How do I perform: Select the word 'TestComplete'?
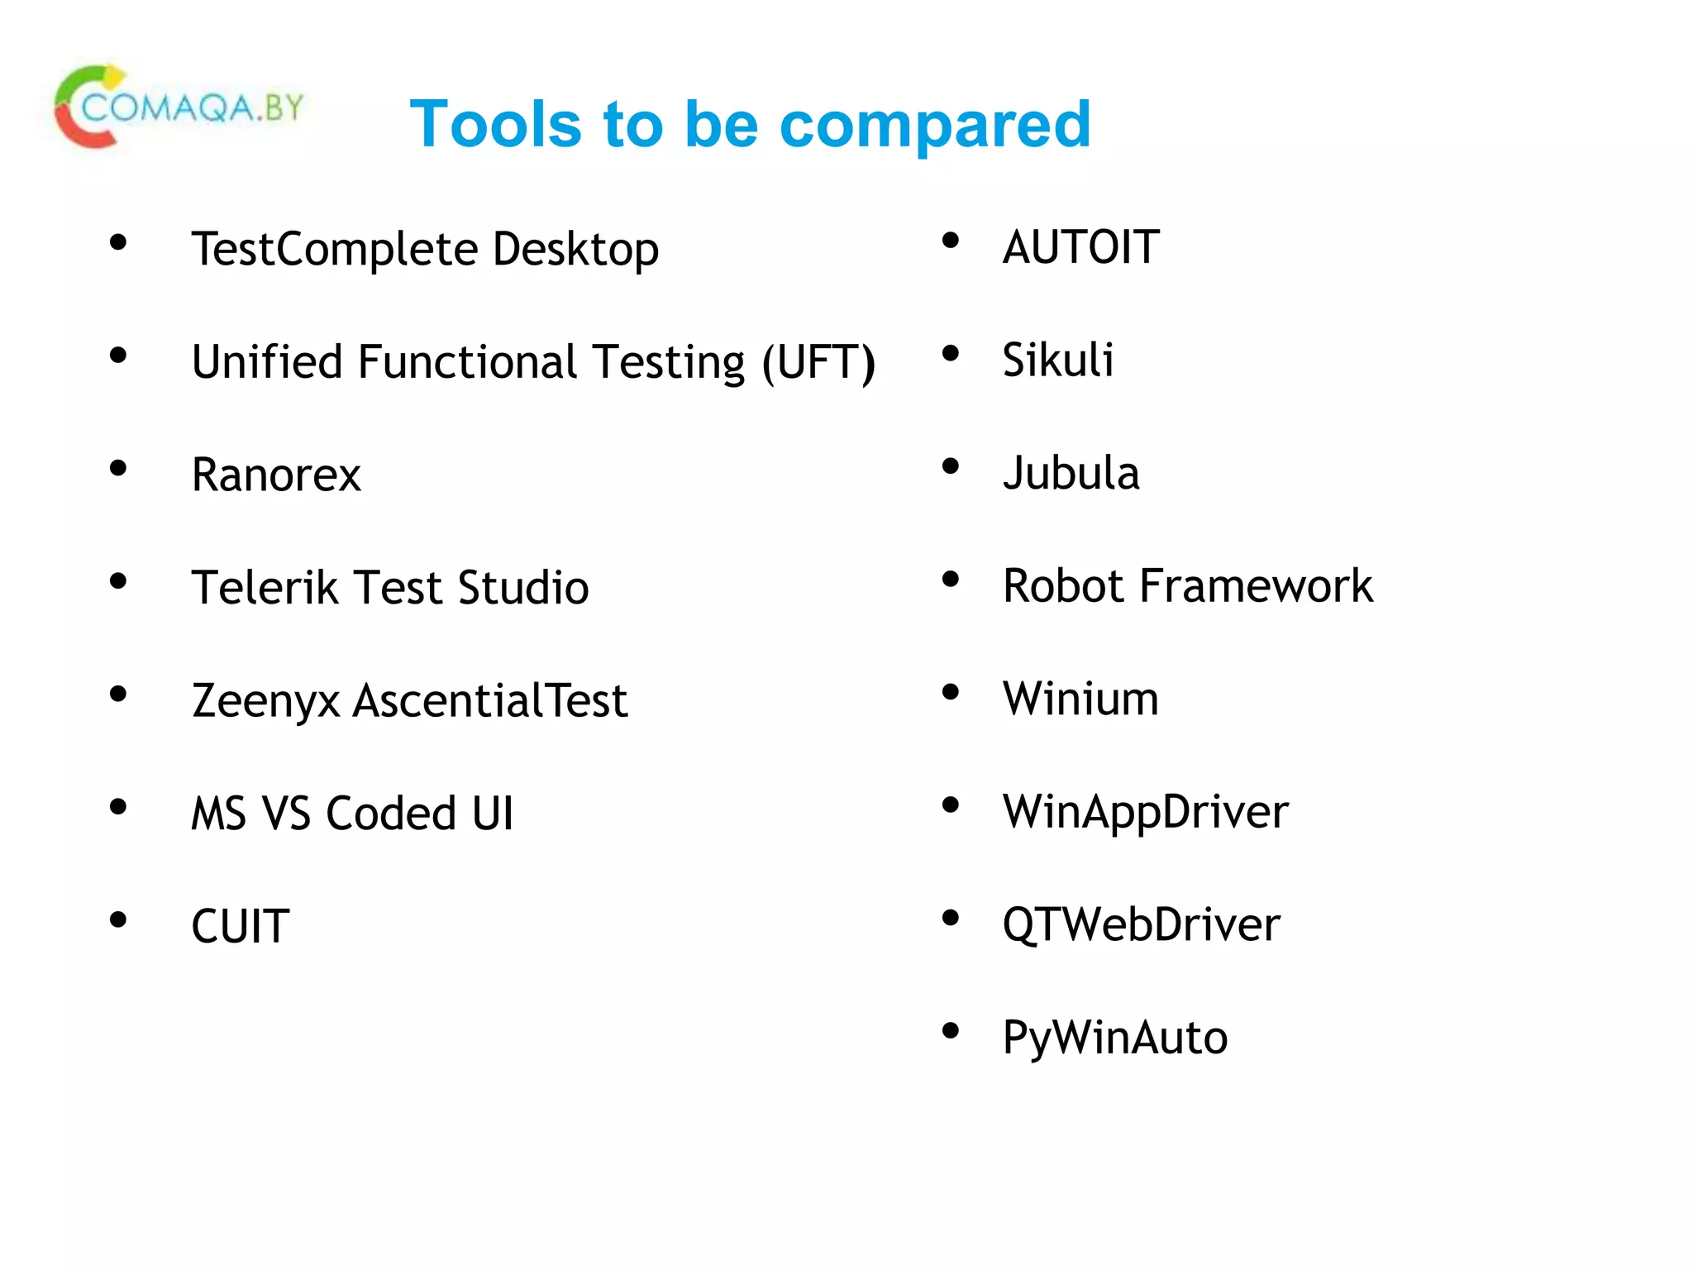point(335,249)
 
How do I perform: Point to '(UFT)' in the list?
point(818,362)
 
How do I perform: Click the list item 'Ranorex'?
point(276,475)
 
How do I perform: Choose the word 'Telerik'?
point(265,588)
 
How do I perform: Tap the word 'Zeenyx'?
point(265,701)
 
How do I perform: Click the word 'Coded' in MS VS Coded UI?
point(391,813)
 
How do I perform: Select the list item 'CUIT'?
point(240,926)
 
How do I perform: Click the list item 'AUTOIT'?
point(1080,247)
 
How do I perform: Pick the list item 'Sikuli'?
point(1058,360)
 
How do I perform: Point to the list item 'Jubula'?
point(1071,473)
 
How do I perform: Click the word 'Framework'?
point(1256,585)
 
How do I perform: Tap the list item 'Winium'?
point(1080,699)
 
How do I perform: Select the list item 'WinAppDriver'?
point(1145,811)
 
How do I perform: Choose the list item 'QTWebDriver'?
point(1141,924)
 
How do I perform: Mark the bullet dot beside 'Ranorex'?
point(118,468)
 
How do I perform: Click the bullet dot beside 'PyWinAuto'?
point(951,1031)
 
